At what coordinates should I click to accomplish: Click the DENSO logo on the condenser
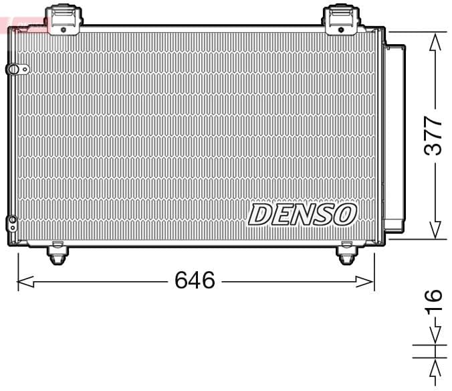[302, 214]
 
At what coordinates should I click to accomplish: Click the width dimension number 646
[195, 280]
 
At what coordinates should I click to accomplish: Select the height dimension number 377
[435, 136]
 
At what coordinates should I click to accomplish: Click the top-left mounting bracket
[63, 19]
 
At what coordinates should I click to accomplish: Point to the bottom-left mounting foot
[58, 255]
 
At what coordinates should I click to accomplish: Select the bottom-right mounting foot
[346, 255]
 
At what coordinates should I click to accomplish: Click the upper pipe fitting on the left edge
[14, 69]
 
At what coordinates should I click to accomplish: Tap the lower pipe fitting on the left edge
[12, 222]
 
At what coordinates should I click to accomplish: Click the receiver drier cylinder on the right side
[394, 134]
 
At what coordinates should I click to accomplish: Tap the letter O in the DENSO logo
[344, 214]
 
